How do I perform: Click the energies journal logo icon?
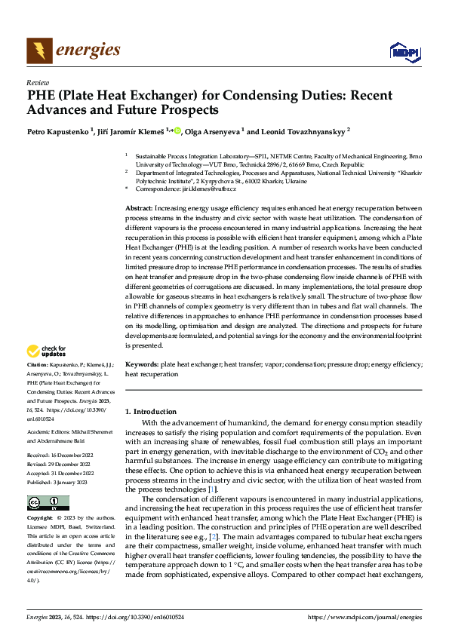click(39, 51)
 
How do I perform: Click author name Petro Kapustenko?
click(60, 130)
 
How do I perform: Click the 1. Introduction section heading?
click(151, 412)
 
